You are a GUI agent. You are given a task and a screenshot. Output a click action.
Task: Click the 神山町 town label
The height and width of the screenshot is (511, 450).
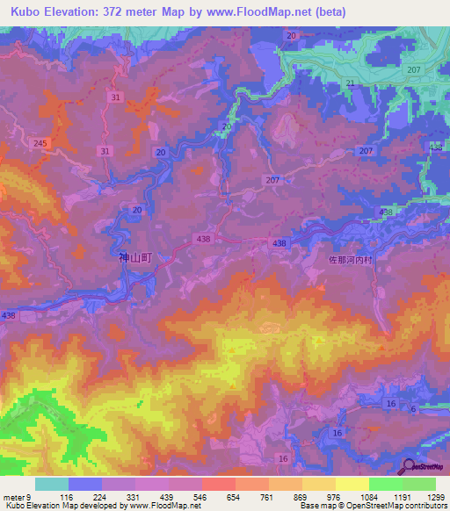(135, 259)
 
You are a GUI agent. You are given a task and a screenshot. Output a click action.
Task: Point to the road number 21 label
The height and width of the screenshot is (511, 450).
(350, 83)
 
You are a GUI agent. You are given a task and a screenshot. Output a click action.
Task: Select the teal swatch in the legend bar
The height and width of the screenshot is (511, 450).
(52, 484)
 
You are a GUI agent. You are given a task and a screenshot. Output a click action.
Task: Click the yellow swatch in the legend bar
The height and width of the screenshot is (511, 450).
(352, 484)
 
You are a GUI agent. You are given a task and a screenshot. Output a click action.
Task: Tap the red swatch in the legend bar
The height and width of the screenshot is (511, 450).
(219, 484)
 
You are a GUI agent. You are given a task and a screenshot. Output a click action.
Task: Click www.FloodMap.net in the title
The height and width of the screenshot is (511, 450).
(270, 12)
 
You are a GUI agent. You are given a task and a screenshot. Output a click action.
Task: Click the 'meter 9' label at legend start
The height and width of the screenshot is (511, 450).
(18, 496)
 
